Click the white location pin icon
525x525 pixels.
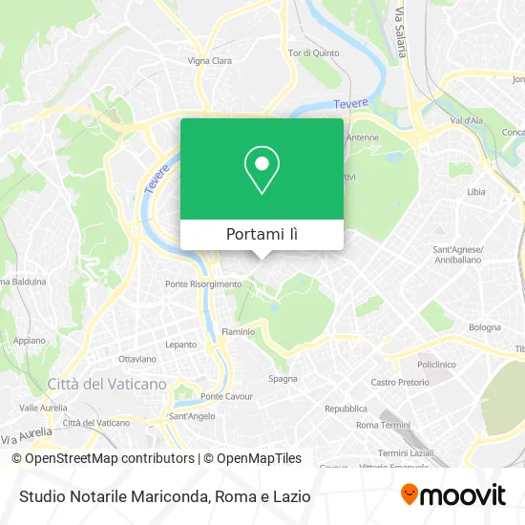tap(262, 169)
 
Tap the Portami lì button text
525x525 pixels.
tap(262, 235)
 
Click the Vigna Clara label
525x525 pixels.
tap(210, 60)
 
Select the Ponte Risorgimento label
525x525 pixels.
tap(203, 283)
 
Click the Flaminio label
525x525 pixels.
tap(238, 331)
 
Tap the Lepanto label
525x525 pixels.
tap(180, 344)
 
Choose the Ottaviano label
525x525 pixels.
tap(136, 359)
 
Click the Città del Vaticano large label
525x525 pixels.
tap(107, 384)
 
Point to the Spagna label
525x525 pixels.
tap(282, 378)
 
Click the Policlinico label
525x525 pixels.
tap(436, 364)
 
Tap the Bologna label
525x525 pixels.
tap(485, 327)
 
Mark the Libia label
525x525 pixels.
tap(475, 192)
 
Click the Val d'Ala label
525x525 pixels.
tap(468, 120)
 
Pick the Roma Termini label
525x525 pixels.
tap(381, 424)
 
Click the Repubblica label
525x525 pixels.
tap(346, 408)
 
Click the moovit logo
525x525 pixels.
tap(453, 495)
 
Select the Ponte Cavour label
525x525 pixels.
tap(225, 396)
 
